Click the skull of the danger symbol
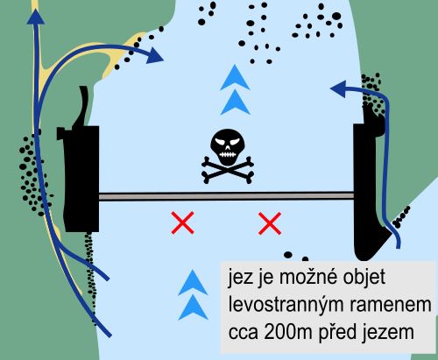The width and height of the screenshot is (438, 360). tap(228, 147)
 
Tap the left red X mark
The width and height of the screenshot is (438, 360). tap(183, 223)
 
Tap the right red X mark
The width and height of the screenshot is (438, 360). tap(270, 223)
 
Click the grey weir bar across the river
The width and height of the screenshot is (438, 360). tap(226, 196)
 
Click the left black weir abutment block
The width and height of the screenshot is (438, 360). tap(81, 179)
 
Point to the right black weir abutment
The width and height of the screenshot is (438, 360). tap(365, 190)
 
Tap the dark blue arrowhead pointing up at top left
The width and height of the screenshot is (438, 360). tap(36, 17)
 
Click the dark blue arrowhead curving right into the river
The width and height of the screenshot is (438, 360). tap(154, 54)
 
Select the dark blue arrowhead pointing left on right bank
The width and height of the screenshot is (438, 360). tap(338, 88)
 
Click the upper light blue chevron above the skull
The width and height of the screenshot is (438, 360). tap(235, 78)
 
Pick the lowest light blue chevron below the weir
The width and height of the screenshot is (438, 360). tap(193, 307)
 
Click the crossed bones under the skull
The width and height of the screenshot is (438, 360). tap(228, 170)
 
